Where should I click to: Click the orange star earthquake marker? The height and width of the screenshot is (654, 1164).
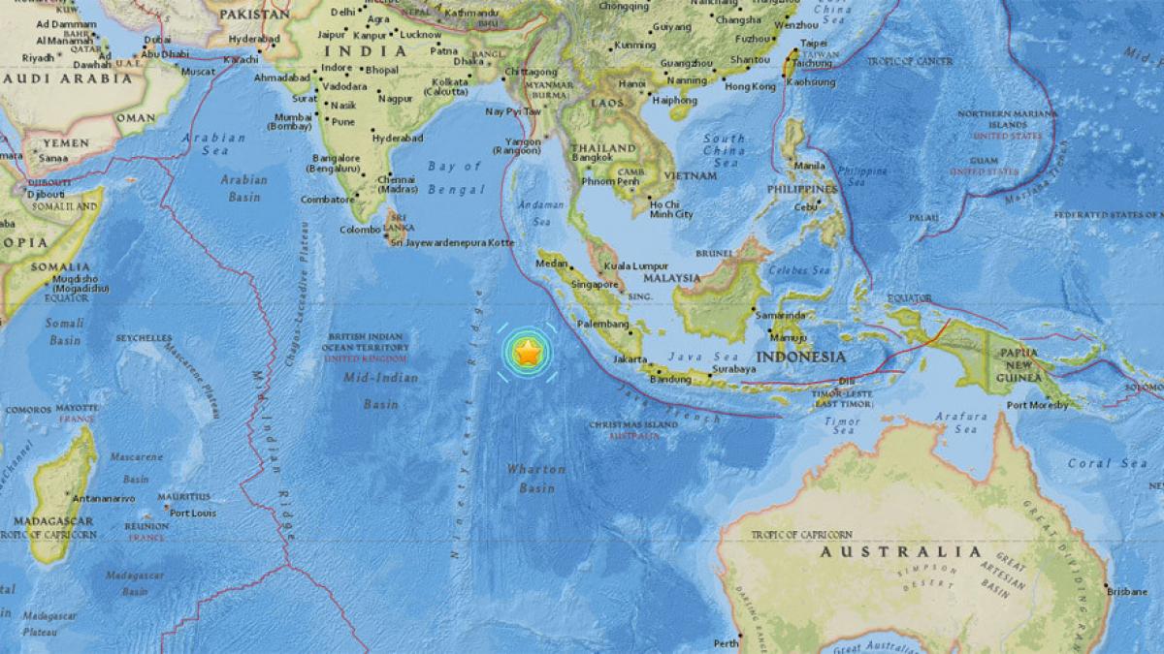(527, 354)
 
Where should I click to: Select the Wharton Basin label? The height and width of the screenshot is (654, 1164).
(535, 479)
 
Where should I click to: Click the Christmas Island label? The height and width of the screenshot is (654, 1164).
(634, 425)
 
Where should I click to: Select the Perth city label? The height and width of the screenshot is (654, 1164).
(726, 642)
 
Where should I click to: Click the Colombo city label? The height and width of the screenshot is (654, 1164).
(359, 230)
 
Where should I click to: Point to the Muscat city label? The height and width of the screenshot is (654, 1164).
(198, 72)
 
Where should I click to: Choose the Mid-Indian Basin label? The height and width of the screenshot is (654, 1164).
(381, 390)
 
